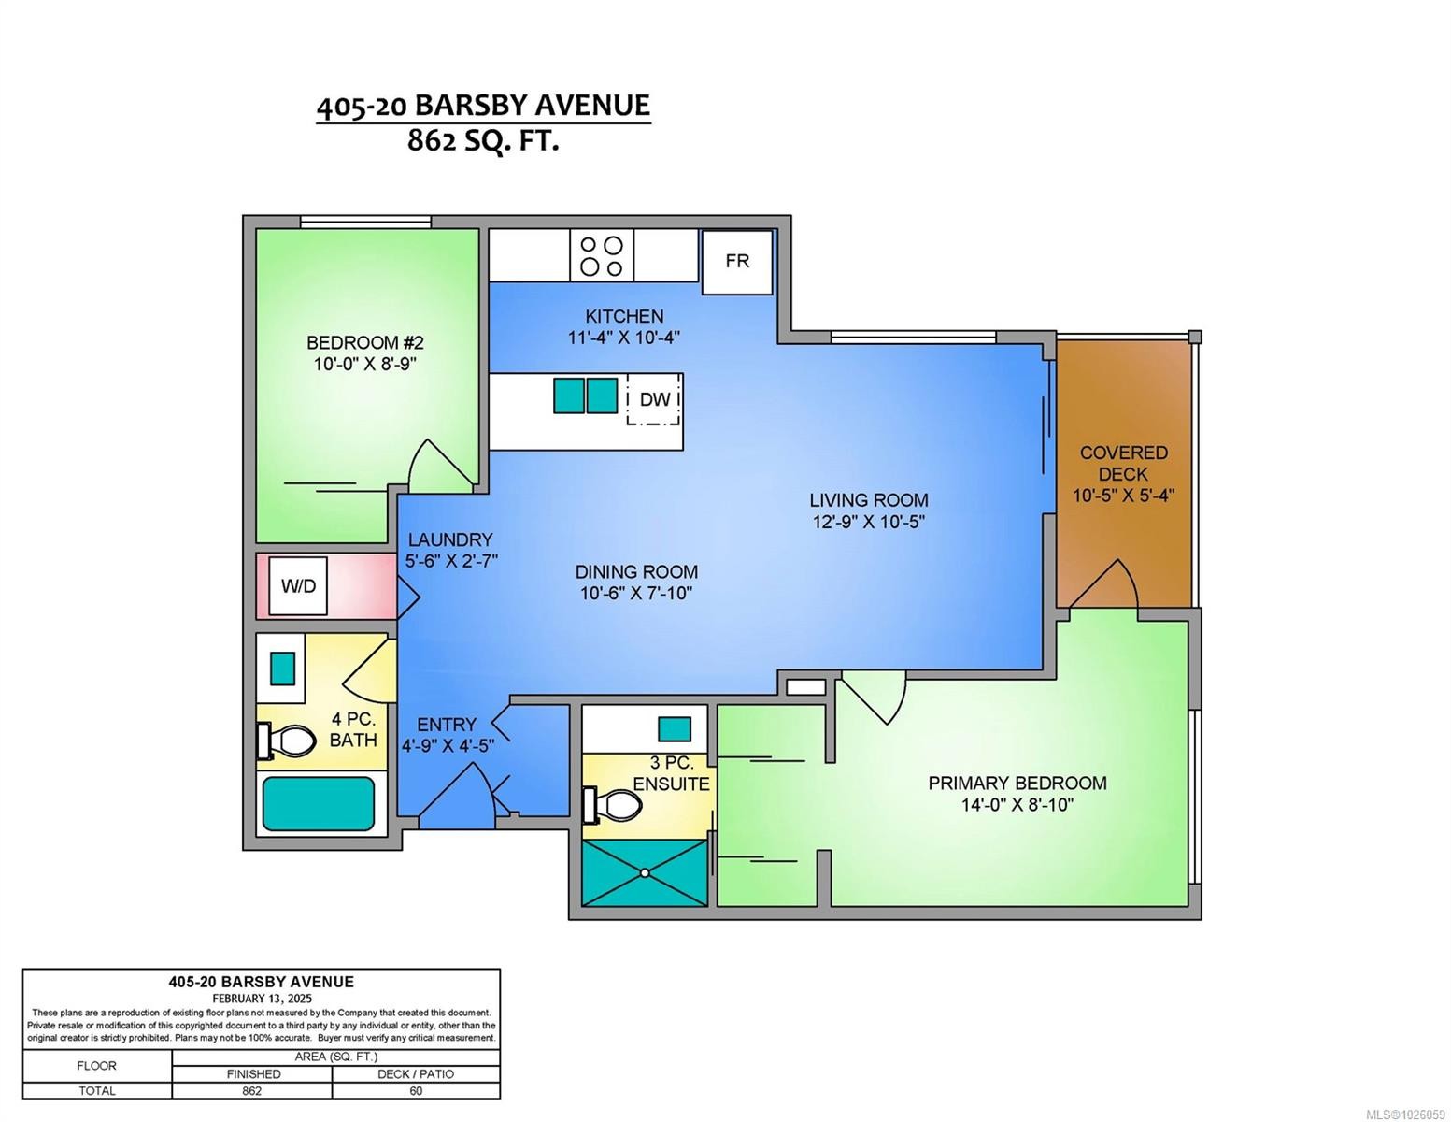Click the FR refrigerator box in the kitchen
coord(736,261)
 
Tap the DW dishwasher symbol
coord(653,399)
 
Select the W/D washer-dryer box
coord(298,586)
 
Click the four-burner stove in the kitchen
coord(601,256)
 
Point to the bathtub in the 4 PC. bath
coord(319,803)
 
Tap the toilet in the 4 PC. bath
coord(287,741)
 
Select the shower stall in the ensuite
coord(645,872)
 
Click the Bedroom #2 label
coord(364,343)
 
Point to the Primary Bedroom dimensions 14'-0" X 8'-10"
coord(1017,805)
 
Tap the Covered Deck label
coord(1123,463)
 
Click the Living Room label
coord(869,500)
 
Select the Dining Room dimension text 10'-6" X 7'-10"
coord(635,593)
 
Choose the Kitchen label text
coord(624,316)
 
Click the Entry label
coord(447,725)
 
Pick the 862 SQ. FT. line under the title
coord(483,142)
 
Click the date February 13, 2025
coord(262,999)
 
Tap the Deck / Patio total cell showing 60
coord(416,1090)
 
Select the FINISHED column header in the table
coord(253,1074)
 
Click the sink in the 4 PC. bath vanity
coord(282,668)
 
